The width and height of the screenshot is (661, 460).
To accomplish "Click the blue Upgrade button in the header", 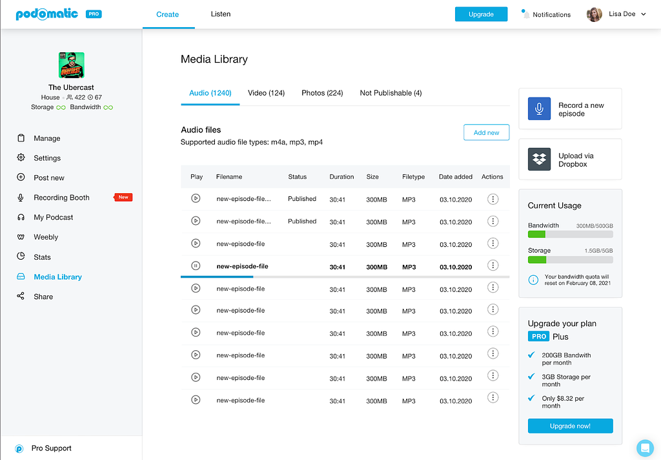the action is (481, 14).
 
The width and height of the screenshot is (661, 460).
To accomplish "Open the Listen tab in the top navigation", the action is (221, 14).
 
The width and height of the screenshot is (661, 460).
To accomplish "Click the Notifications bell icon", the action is (525, 14).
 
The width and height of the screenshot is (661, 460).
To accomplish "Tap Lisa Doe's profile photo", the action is (594, 14).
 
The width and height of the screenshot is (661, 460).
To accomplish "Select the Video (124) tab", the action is (266, 93).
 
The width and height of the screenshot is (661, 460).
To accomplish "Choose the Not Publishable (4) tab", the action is (391, 93).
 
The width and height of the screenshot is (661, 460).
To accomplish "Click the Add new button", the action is (487, 132).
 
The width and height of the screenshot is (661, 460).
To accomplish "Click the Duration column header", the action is (341, 177).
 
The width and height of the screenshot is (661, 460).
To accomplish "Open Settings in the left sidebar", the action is (46, 158).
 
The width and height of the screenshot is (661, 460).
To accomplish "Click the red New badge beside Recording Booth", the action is (123, 197).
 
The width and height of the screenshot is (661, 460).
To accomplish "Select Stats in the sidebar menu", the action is (42, 257).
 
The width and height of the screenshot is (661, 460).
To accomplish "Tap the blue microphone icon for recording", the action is (539, 109).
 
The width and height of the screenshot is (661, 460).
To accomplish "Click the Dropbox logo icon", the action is (539, 159).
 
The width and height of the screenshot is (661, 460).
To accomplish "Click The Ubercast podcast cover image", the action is (71, 65).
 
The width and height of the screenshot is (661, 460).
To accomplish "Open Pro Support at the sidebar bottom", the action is (51, 448).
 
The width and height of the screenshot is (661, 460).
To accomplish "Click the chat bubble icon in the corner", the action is (645, 448).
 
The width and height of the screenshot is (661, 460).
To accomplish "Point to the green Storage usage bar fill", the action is (537, 260).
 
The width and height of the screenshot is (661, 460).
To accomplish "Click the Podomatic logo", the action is (46, 14).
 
